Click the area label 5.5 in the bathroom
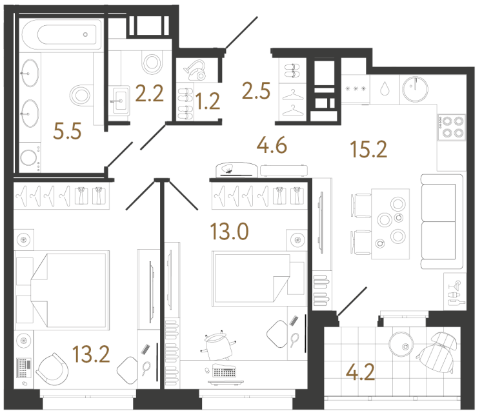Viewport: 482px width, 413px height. coord(68,132)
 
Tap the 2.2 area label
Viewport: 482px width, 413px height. coord(148,96)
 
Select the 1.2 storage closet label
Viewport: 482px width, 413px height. coord(208,101)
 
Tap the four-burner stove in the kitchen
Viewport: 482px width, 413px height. coord(450,127)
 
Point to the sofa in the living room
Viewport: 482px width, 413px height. coord(442,221)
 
